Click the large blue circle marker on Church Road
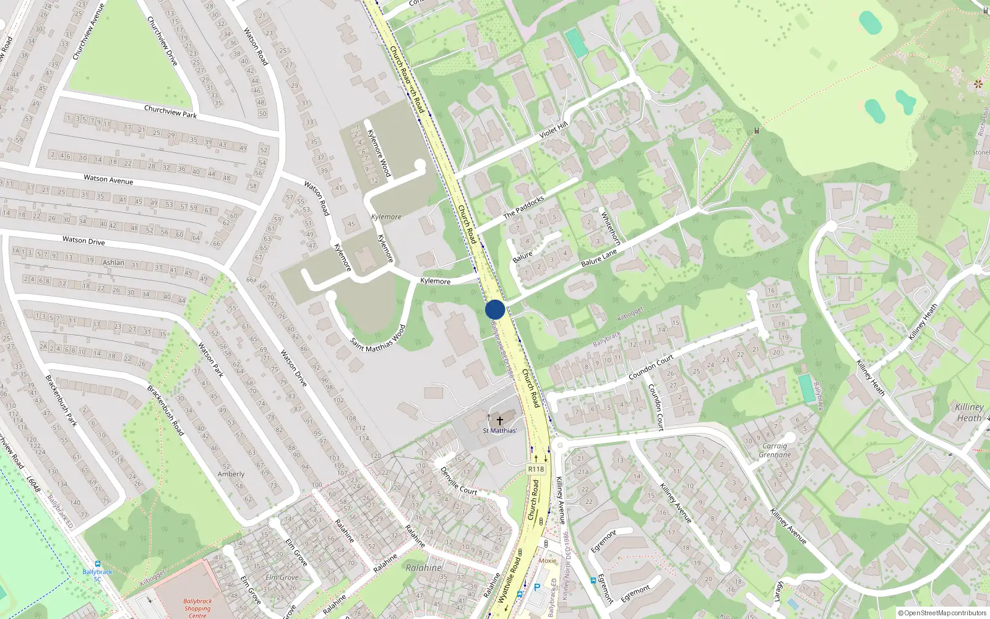click(x=495, y=309)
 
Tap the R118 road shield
click(x=536, y=469)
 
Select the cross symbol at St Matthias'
click(x=500, y=420)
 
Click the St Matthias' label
click(x=500, y=430)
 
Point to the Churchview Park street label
click(x=170, y=112)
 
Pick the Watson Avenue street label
click(x=108, y=179)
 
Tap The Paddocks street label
click(x=523, y=207)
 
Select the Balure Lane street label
click(x=599, y=258)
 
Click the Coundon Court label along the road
click(x=651, y=368)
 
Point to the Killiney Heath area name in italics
click(x=969, y=412)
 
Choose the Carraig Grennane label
click(x=775, y=450)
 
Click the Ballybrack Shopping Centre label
click(x=197, y=608)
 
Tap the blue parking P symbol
click(x=537, y=587)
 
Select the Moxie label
click(x=547, y=561)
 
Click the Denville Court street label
click(x=458, y=480)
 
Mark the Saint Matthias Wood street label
click(x=378, y=338)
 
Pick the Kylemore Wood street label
click(x=379, y=152)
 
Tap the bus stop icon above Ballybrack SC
click(x=97, y=564)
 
